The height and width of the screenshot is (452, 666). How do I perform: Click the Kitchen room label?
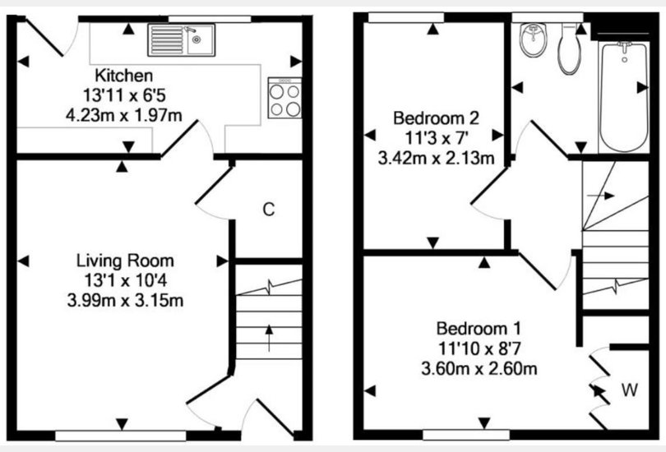pyautogui.click(x=123, y=76)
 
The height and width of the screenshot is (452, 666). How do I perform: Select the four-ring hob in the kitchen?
pyautogui.click(x=284, y=98)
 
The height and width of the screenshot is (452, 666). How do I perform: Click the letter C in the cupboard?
pyautogui.click(x=268, y=210)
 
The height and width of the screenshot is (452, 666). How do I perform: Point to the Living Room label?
pyautogui.click(x=125, y=261)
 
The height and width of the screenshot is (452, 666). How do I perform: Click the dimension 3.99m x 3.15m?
pyautogui.click(x=125, y=301)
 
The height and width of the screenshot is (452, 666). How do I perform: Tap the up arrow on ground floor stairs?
pyautogui.click(x=269, y=339)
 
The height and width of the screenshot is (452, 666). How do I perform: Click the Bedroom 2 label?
pyautogui.click(x=436, y=118)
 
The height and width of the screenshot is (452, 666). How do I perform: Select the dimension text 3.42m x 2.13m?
pyautogui.click(x=436, y=159)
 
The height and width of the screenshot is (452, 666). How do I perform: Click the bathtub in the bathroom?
pyautogui.click(x=623, y=97)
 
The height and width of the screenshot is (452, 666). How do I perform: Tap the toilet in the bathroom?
pyautogui.click(x=570, y=49)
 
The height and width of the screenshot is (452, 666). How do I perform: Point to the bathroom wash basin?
pyautogui.click(x=533, y=40)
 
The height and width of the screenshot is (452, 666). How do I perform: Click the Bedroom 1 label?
pyautogui.click(x=479, y=329)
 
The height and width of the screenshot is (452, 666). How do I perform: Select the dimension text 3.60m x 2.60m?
pyautogui.click(x=479, y=368)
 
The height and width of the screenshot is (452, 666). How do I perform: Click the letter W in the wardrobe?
pyautogui.click(x=630, y=390)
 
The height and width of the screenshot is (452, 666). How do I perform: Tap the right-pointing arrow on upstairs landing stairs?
pyautogui.click(x=600, y=196)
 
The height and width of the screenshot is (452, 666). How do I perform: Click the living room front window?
pyautogui.click(x=121, y=436)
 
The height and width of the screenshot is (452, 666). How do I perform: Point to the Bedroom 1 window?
pyautogui.click(x=466, y=435)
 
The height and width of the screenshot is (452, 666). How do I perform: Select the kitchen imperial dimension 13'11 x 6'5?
pyautogui.click(x=123, y=95)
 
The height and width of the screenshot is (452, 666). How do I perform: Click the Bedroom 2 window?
pyautogui.click(x=406, y=17)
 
